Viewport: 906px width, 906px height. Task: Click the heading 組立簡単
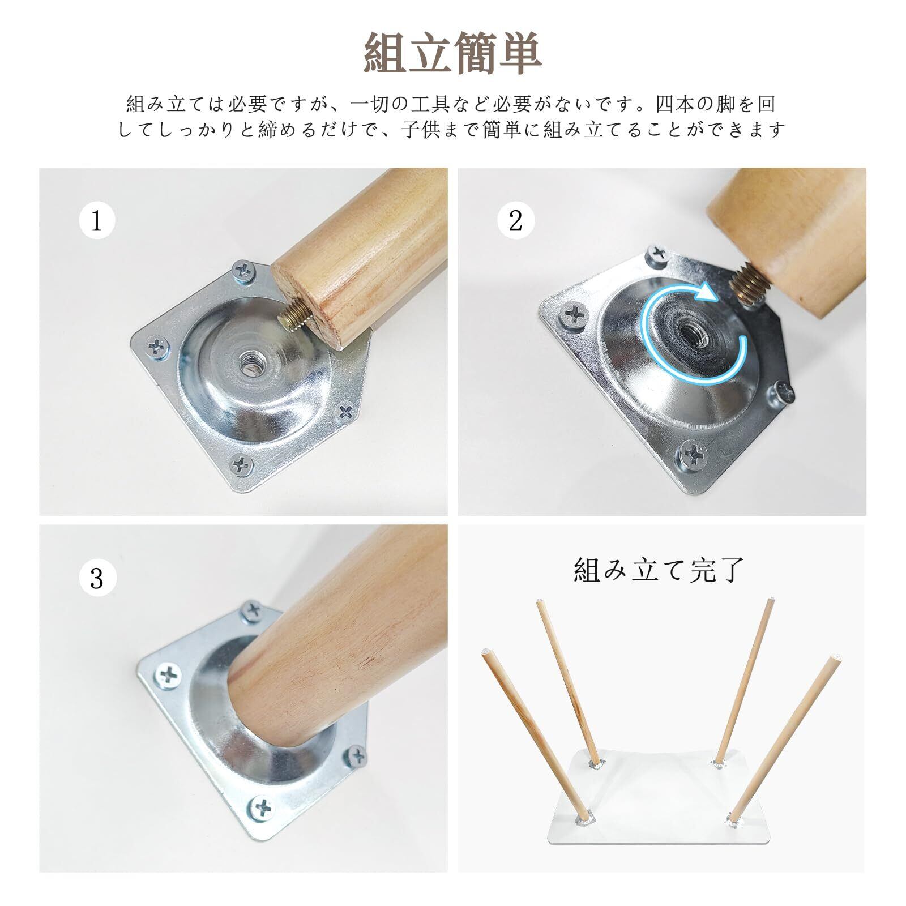pyautogui.click(x=452, y=53)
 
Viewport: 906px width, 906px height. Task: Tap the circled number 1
pyautogui.click(x=97, y=220)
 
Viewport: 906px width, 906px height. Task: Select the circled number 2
pyautogui.click(x=515, y=220)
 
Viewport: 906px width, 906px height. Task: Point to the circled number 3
pyautogui.click(x=97, y=578)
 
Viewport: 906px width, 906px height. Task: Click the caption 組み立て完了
pyautogui.click(x=659, y=570)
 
